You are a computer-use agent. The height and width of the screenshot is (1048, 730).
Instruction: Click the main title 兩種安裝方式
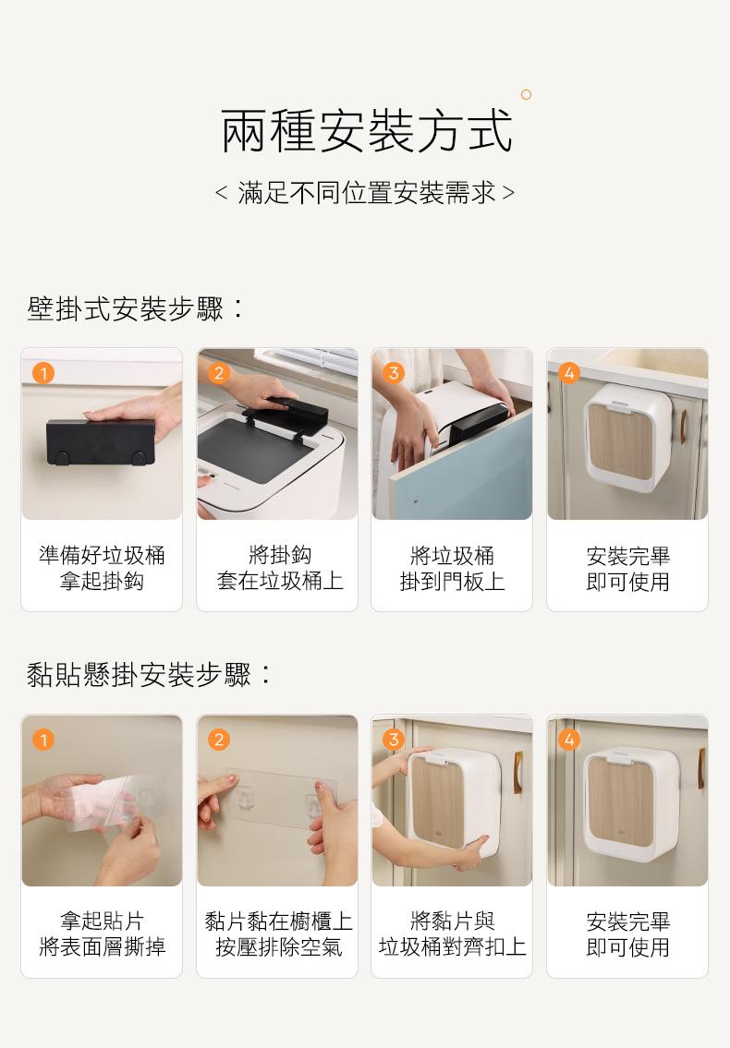(x=366, y=131)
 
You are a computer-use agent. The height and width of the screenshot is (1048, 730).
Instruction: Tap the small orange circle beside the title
(x=526, y=94)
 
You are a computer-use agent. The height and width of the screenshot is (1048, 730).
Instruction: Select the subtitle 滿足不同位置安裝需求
(x=366, y=193)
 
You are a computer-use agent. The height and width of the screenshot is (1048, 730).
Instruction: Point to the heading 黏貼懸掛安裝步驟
(x=150, y=675)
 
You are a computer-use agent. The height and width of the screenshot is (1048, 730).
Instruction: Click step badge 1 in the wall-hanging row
(x=43, y=372)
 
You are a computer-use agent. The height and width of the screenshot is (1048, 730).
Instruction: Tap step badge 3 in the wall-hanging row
(x=394, y=372)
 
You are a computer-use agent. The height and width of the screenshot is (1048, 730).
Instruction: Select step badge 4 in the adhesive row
(x=569, y=739)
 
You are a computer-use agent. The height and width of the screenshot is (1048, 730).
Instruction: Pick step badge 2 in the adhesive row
(x=218, y=739)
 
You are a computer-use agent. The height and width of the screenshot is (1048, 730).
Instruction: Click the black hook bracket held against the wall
(x=101, y=442)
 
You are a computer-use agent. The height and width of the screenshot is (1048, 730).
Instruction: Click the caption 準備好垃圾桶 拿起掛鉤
(x=102, y=568)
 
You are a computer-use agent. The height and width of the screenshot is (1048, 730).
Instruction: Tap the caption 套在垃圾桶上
(x=280, y=581)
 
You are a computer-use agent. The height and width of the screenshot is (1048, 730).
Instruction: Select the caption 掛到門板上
(x=452, y=582)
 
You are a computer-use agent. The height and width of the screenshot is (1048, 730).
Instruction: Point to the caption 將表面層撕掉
(x=102, y=946)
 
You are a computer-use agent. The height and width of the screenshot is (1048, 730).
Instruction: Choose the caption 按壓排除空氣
(x=278, y=946)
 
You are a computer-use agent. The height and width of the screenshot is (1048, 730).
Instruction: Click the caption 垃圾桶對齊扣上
(x=453, y=946)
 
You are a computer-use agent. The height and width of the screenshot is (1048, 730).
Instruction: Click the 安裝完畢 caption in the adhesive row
(x=627, y=922)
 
